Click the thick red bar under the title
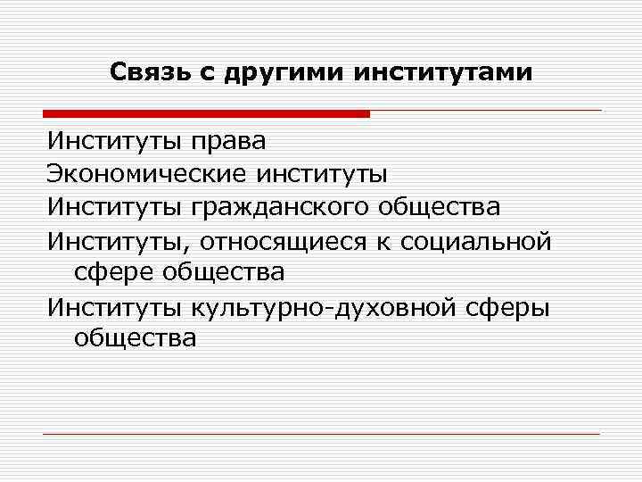[x=205, y=113]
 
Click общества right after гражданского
[x=440, y=207]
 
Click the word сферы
[x=512, y=307]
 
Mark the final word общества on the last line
[x=136, y=339]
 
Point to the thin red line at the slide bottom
[x=321, y=435]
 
